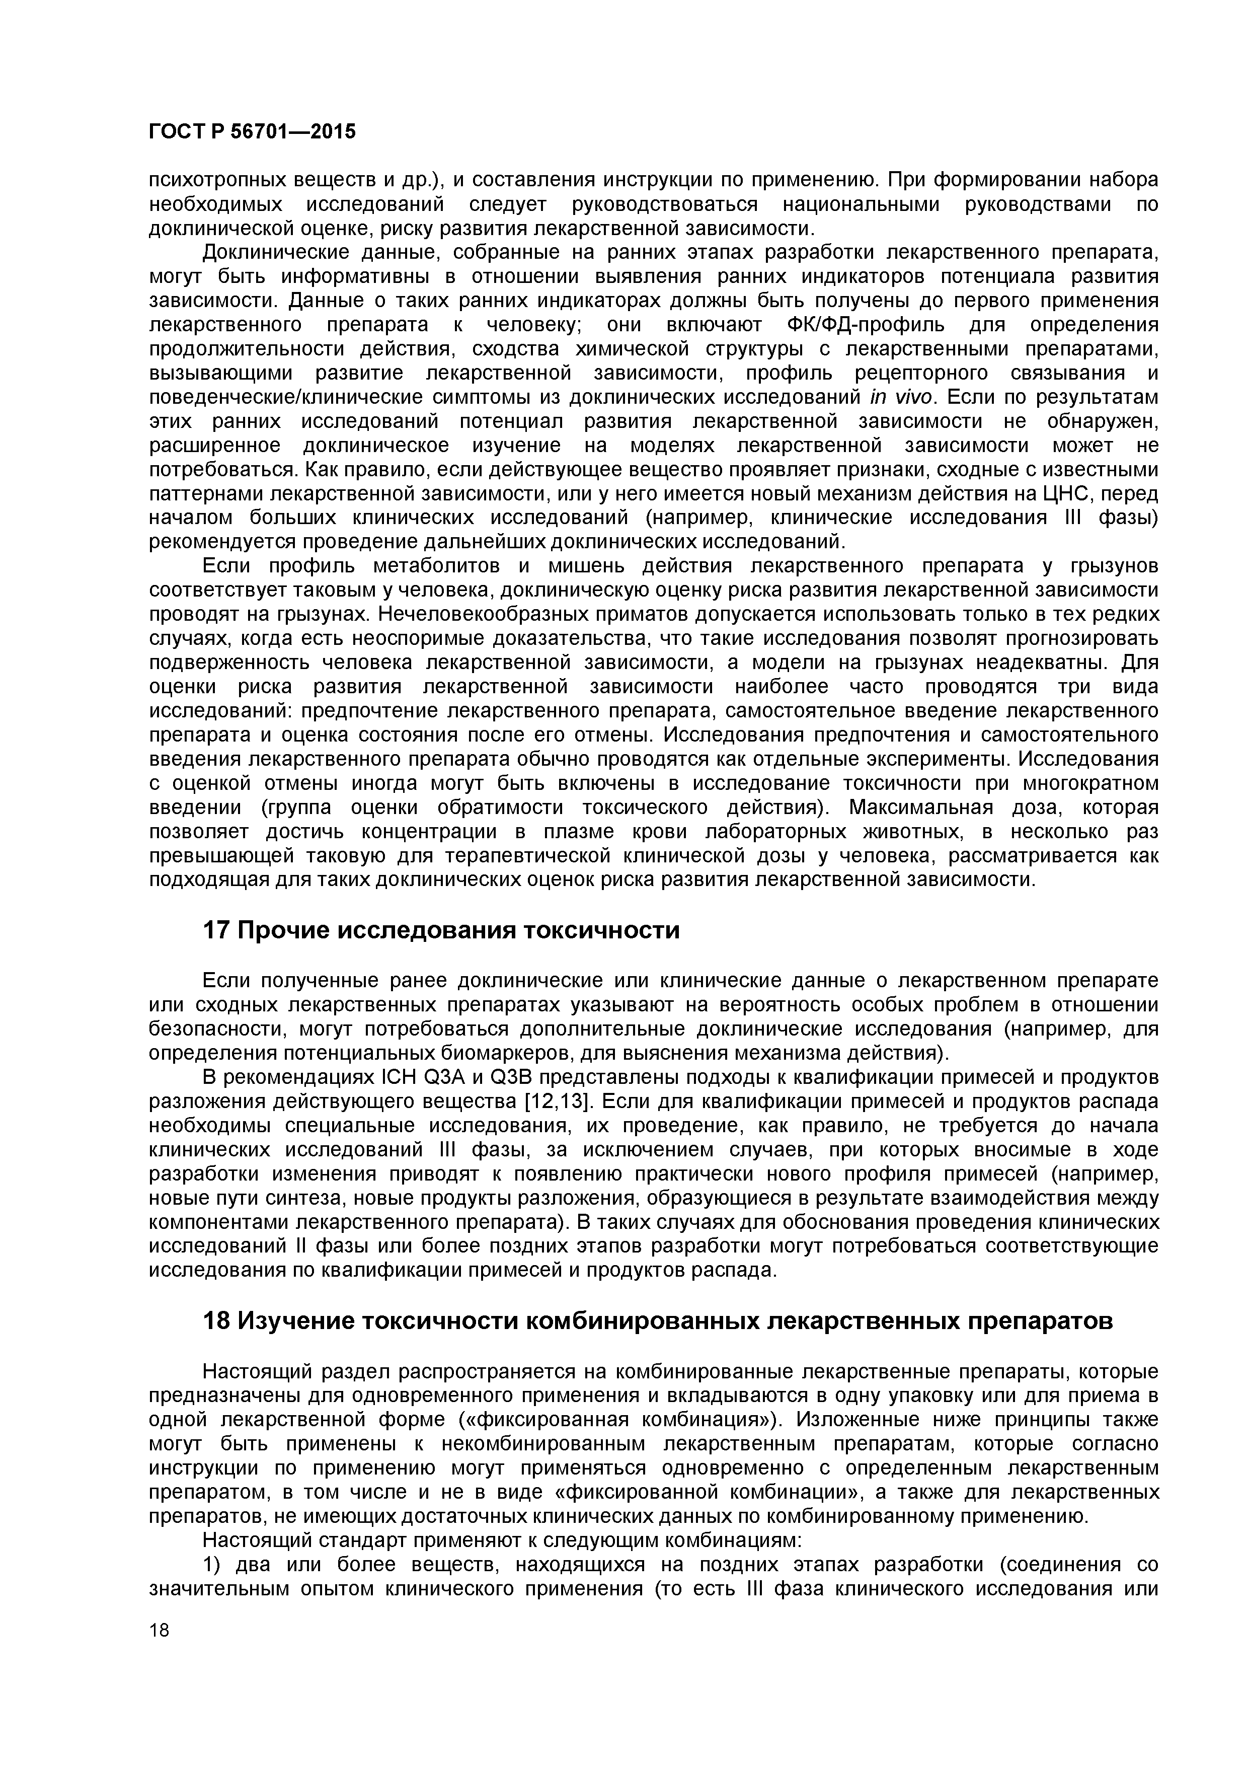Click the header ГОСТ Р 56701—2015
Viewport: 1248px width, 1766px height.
click(x=252, y=132)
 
